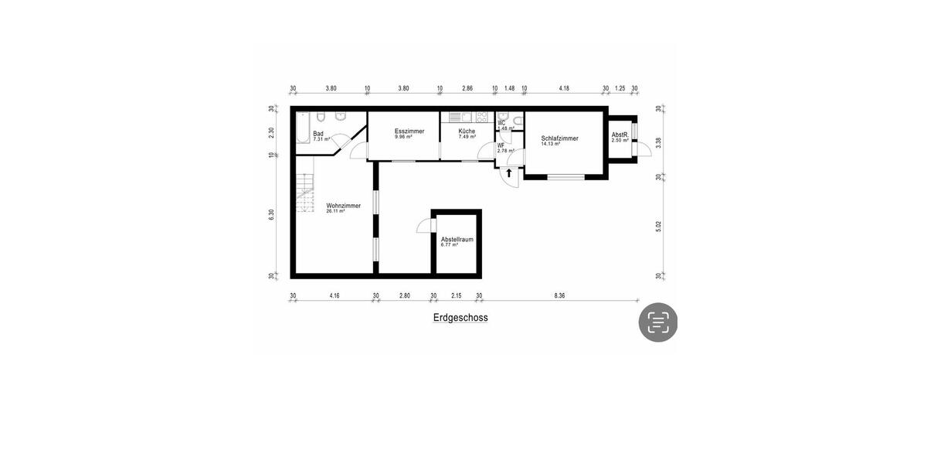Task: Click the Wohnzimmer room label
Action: (343, 205)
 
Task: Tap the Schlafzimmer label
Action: (559, 138)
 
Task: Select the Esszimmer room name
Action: (409, 131)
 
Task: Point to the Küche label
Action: (467, 131)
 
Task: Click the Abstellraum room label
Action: (457, 241)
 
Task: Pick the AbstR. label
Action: (620, 135)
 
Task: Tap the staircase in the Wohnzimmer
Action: (306, 193)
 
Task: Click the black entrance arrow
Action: (509, 173)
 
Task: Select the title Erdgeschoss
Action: (460, 318)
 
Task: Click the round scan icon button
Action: (657, 322)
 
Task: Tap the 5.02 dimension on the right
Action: (658, 227)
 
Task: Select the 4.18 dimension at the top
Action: (564, 88)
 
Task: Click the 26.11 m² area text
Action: (335, 211)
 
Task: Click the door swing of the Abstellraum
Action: (423, 225)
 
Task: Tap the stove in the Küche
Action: (482, 118)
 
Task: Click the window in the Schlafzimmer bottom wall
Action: (566, 177)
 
